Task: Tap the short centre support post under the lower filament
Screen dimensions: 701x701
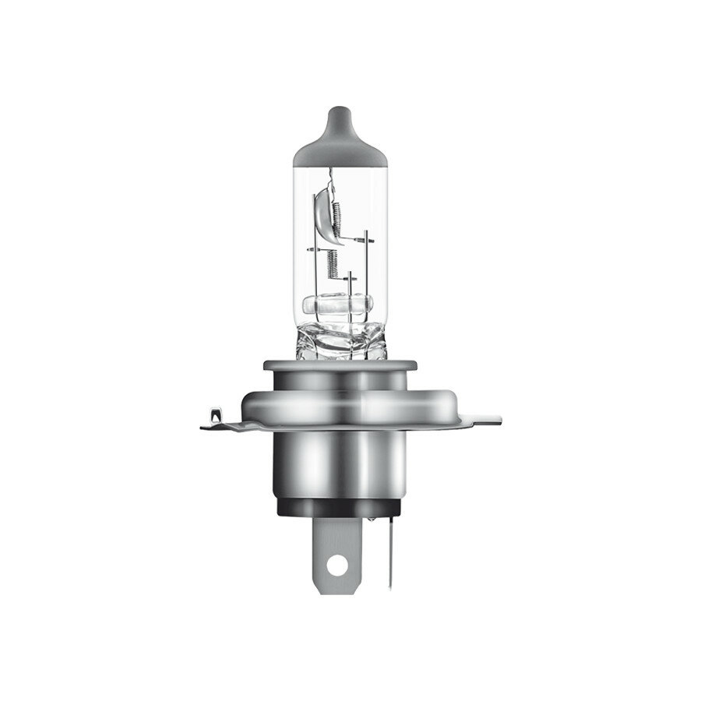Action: coord(351,284)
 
